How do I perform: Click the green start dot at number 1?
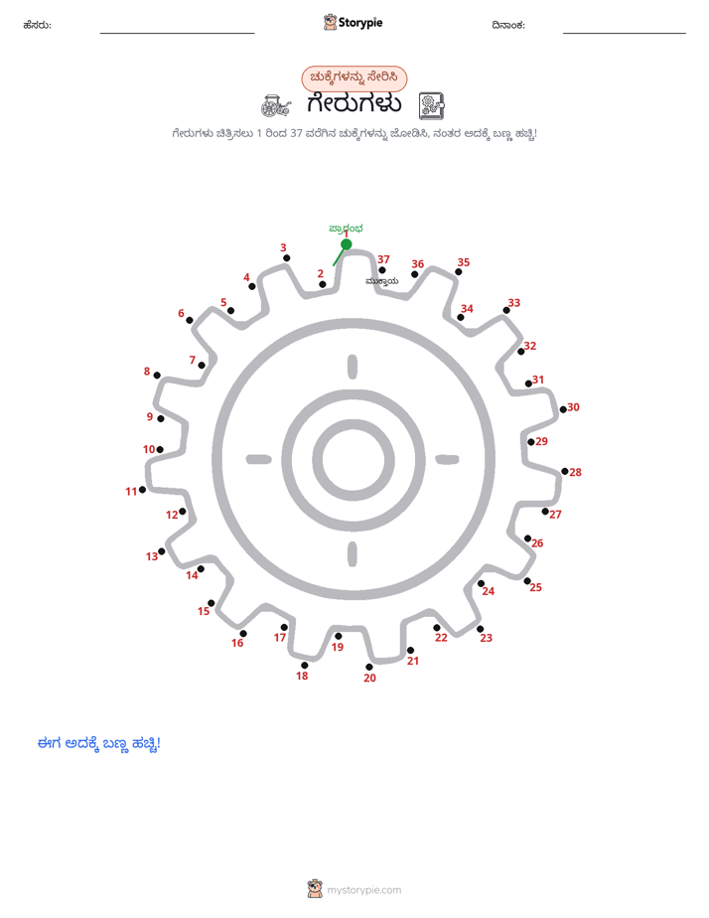(x=347, y=244)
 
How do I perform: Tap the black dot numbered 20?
(x=369, y=667)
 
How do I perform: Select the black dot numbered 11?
(x=142, y=490)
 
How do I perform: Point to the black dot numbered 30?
(x=563, y=409)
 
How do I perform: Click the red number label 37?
(x=383, y=259)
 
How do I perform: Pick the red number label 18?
(x=302, y=676)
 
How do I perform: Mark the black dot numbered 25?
(x=527, y=581)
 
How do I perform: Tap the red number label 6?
(x=182, y=313)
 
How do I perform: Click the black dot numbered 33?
(x=506, y=310)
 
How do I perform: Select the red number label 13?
(x=152, y=556)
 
